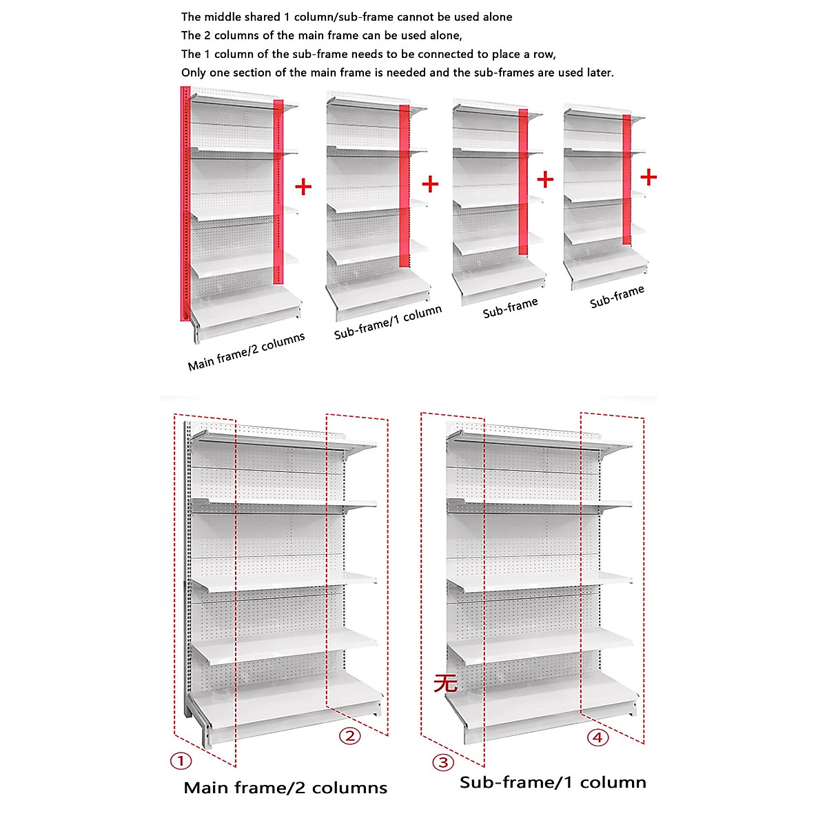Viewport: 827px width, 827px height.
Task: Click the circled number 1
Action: (181, 761)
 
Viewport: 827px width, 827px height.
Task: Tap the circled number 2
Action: (350, 736)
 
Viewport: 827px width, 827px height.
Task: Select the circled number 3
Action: (443, 762)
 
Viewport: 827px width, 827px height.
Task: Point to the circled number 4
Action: (598, 737)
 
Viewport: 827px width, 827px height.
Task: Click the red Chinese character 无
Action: (445, 682)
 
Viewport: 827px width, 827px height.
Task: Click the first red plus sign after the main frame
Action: (303, 187)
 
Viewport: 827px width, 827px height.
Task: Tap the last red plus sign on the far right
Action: (649, 177)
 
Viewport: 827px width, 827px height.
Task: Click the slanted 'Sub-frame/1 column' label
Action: (388, 322)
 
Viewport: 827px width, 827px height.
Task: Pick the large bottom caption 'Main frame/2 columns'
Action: (285, 788)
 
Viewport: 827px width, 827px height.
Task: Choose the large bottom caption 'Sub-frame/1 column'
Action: (553, 782)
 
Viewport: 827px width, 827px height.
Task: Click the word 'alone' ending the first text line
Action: (496, 17)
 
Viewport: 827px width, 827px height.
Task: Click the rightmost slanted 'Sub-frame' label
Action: (617, 296)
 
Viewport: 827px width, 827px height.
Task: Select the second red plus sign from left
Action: (430, 184)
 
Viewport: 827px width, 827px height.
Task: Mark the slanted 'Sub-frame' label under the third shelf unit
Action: (510, 308)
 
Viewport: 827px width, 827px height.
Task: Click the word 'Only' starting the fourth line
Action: (194, 72)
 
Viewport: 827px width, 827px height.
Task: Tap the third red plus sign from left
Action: (545, 180)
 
